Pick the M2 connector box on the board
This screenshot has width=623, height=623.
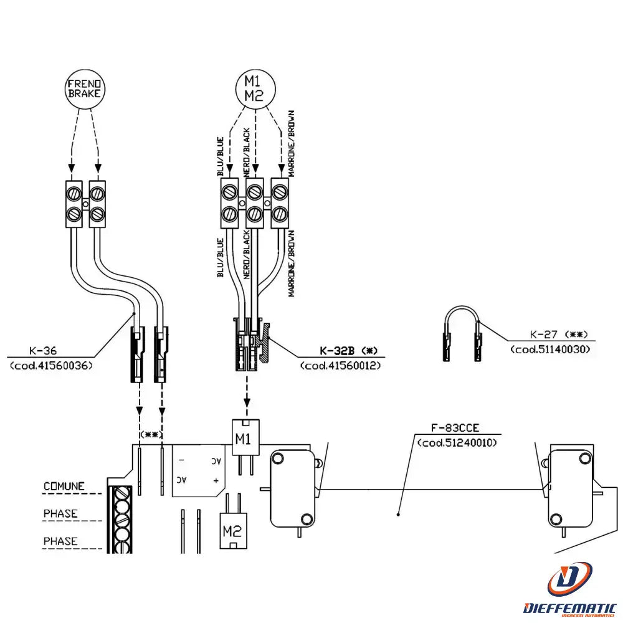coord(232,531)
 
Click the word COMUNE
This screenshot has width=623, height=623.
coord(64,486)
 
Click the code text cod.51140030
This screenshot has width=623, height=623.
coord(550,349)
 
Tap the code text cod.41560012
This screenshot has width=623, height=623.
coord(340,365)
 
